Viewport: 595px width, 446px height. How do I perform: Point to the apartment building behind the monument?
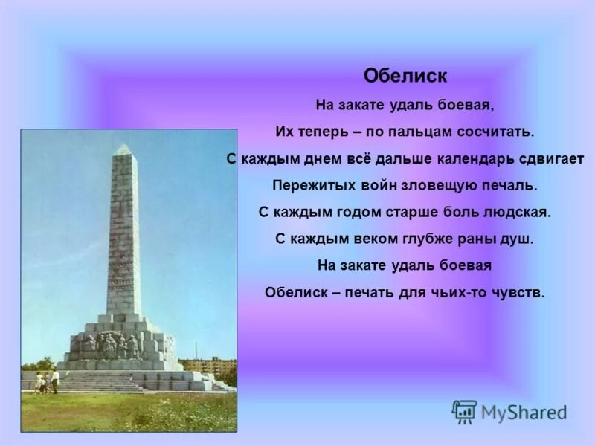coord(208,366)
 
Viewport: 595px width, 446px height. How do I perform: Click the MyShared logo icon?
coord(464,412)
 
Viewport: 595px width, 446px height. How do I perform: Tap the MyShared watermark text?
coord(524,413)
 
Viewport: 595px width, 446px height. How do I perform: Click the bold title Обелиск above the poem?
coord(405,76)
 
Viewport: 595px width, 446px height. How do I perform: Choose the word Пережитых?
coord(306,185)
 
